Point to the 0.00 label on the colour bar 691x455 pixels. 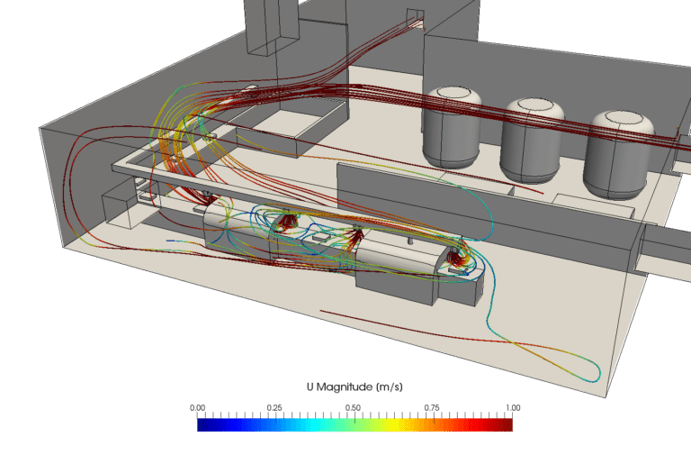pos(198,407)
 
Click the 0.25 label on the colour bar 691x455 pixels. pos(276,407)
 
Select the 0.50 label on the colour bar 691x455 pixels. pos(354,407)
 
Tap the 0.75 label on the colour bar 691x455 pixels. pos(433,407)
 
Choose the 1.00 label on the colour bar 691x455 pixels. pos(511,407)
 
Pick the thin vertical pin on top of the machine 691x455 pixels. pos(409,240)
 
